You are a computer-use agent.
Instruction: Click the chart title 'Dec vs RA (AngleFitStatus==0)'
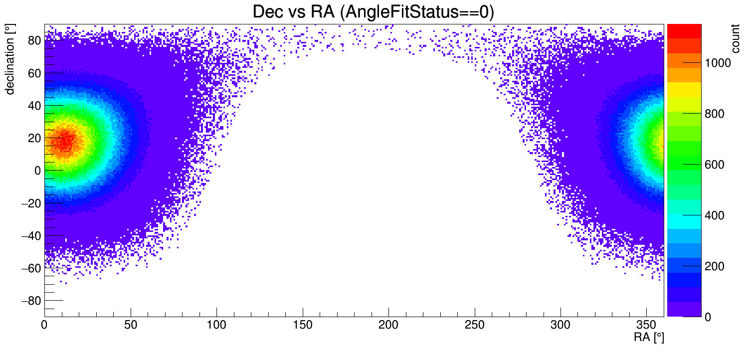tap(373, 12)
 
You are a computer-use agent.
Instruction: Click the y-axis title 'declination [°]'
tap(10, 59)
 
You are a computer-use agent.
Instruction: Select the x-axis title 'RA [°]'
tap(648, 338)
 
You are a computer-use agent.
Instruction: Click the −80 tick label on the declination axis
tap(31, 301)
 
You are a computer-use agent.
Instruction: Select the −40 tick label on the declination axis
tap(31, 235)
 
